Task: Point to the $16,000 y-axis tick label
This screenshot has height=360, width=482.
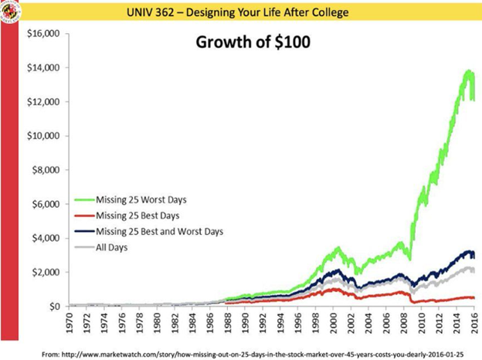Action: click(43, 34)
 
